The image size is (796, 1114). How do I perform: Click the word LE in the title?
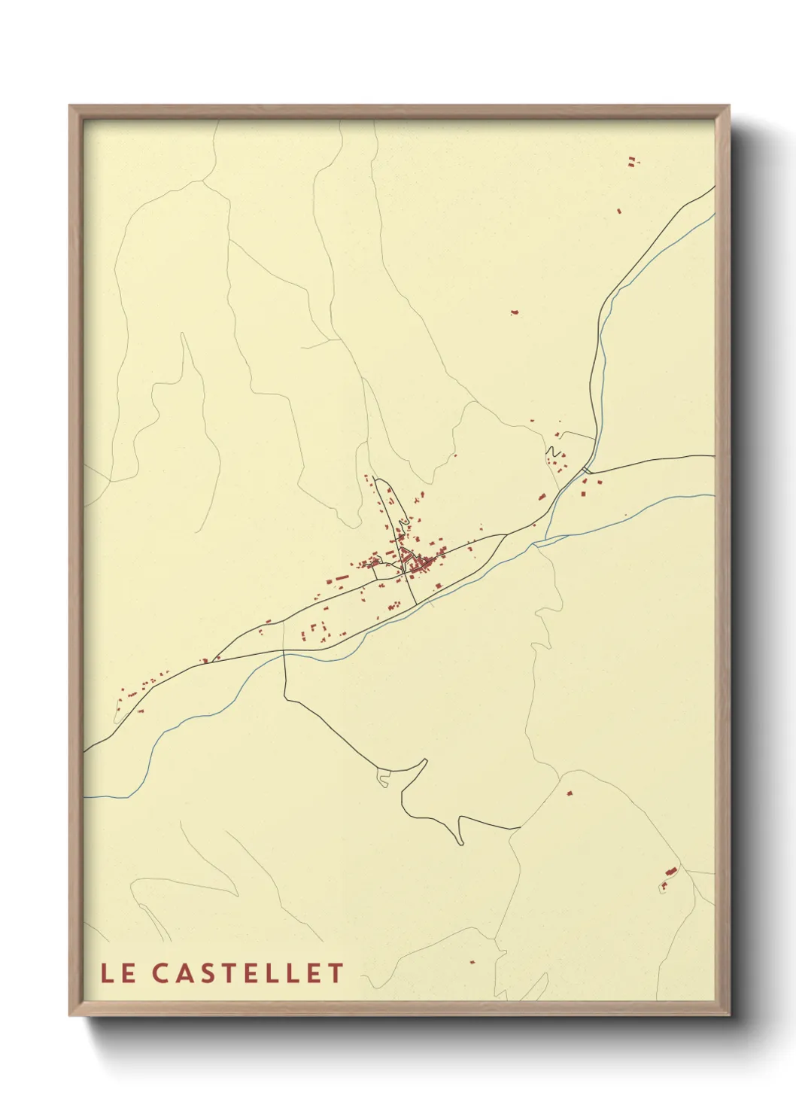pos(118,973)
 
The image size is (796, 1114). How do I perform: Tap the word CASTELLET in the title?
pos(248,973)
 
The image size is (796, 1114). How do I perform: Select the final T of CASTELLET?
pos(336,973)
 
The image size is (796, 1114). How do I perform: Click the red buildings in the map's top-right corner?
pos(632,160)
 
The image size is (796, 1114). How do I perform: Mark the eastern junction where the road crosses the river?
pos(586,470)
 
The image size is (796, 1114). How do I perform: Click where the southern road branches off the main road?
pos(284,653)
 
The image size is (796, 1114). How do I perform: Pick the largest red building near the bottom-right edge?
pos(670,872)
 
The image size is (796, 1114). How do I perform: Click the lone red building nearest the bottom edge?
pos(472,961)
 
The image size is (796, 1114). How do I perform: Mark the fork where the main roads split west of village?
pos(284,622)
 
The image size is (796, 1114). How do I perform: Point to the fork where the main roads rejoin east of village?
pos(506,534)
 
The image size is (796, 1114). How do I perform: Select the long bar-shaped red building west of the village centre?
pos(340,578)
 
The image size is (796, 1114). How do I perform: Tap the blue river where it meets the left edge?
pos(85,796)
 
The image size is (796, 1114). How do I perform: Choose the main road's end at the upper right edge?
pos(712,187)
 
